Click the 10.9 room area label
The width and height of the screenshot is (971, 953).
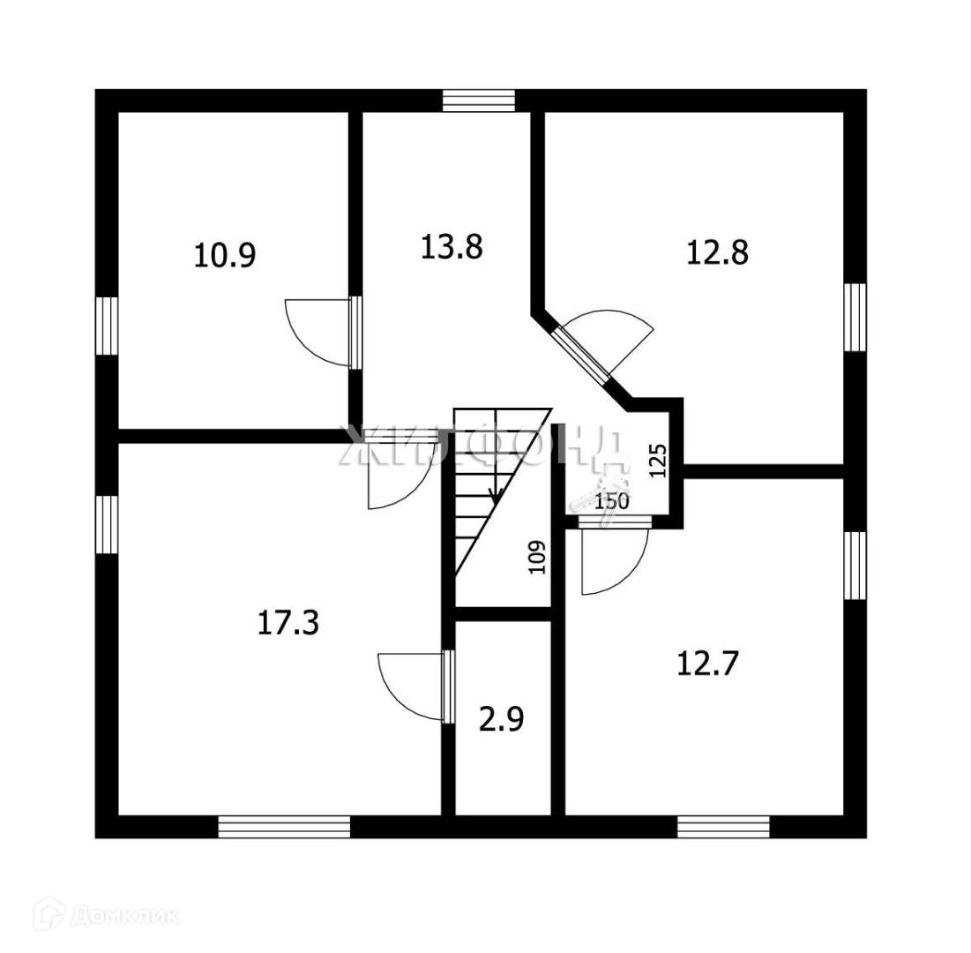coord(225,256)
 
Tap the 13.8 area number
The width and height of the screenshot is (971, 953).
coord(452,247)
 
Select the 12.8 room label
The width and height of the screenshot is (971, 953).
coord(717,252)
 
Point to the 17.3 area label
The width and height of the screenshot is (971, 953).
coord(288,622)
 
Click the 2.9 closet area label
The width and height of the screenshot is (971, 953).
coord(502,719)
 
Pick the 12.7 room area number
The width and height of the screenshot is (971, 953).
coord(707,662)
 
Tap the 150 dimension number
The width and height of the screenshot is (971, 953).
coord(611,502)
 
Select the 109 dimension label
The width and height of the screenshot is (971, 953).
coord(538,557)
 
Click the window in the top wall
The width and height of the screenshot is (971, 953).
coord(478,101)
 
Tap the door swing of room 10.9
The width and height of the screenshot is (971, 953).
coord(319,331)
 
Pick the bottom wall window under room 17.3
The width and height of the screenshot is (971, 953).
coord(284,827)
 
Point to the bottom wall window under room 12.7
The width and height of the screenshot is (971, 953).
coord(723,827)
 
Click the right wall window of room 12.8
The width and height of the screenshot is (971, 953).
coord(854,317)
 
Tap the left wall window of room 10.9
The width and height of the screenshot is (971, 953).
coord(107,326)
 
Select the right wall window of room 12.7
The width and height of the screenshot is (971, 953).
coord(854,565)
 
